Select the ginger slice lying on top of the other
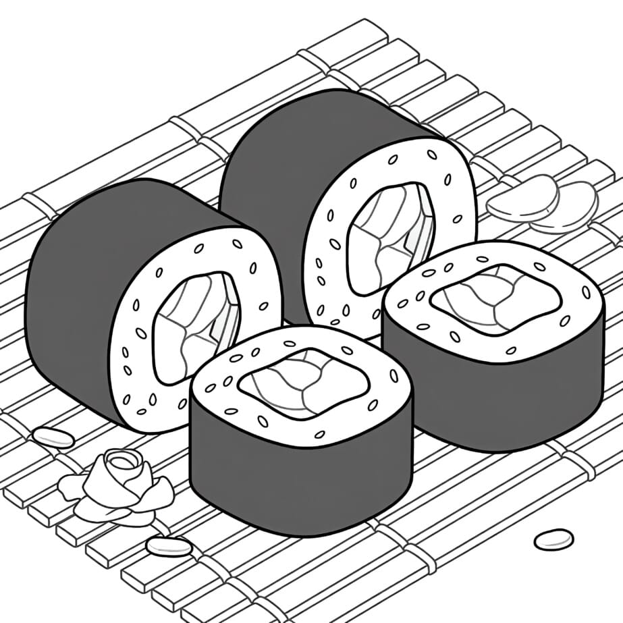[x=524, y=198]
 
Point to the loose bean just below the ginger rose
[x=168, y=546]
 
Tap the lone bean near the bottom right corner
[x=553, y=539]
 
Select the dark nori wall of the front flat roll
[x=297, y=479]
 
